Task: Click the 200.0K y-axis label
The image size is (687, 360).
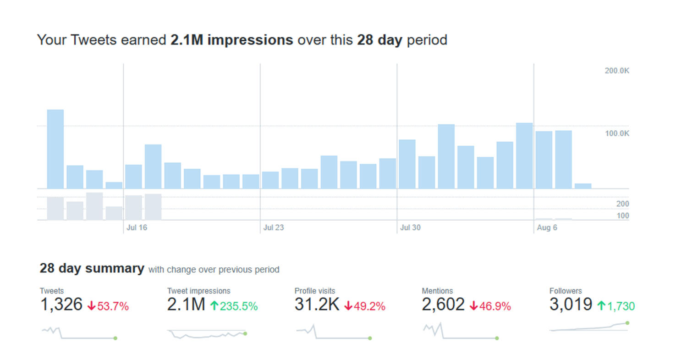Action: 617,71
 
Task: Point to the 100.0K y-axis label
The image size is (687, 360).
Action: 617,133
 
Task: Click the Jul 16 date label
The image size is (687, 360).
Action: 137,227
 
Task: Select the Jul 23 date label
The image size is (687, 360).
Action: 273,227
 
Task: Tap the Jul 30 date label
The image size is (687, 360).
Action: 410,227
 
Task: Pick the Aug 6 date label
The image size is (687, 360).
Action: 547,227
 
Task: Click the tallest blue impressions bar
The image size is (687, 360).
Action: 55,149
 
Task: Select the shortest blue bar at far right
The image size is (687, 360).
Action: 583,186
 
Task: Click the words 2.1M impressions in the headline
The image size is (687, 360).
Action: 231,40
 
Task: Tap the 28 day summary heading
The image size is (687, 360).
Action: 92,268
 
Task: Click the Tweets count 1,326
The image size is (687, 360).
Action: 61,305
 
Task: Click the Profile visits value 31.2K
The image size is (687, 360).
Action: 317,305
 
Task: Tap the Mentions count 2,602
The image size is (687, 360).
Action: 443,305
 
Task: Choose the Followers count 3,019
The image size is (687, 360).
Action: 571,305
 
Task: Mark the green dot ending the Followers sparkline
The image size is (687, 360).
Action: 627,323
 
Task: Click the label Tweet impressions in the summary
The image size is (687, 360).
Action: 198,291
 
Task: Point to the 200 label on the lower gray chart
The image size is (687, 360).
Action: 622,204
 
